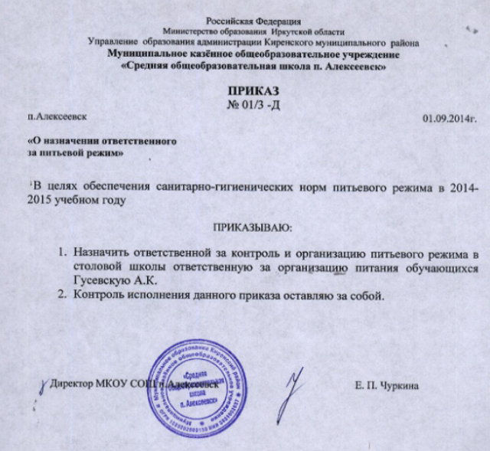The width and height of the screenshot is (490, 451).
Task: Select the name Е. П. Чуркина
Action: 387,387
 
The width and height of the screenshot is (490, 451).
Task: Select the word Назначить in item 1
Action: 100,253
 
